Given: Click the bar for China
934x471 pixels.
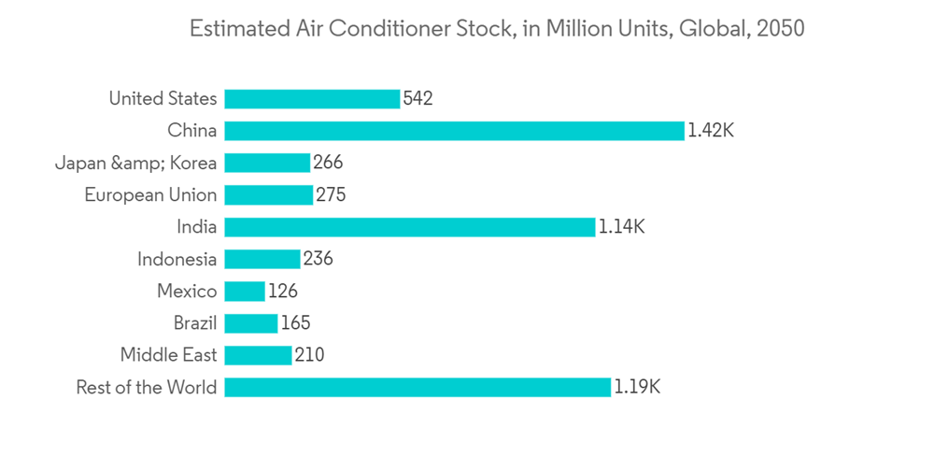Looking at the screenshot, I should tap(454, 131).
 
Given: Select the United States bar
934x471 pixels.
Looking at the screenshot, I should tap(312, 99).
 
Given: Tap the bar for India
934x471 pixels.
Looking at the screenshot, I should tap(409, 227).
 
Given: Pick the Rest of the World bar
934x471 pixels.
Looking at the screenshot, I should tap(417, 387).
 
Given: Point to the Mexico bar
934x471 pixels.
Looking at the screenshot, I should tap(245, 292).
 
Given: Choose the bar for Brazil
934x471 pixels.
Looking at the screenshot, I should tap(251, 323).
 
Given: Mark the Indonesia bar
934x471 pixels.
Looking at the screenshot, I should tap(262, 259).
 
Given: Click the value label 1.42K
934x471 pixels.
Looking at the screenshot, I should tap(711, 131).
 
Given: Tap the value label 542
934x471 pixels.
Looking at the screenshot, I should tap(417, 99).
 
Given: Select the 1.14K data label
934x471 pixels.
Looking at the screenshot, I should tap(621, 227).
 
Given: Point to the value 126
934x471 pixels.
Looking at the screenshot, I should tap(282, 292).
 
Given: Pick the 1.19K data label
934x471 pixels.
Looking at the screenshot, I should tap(637, 387).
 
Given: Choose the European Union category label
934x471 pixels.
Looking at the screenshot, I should tap(150, 195).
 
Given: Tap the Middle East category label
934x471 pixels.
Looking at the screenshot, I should tap(168, 355).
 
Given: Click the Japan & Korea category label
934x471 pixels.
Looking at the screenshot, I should tap(135, 164).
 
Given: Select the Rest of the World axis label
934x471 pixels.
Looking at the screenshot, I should tap(147, 387).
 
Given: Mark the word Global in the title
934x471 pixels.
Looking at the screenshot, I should tap(710, 29).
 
